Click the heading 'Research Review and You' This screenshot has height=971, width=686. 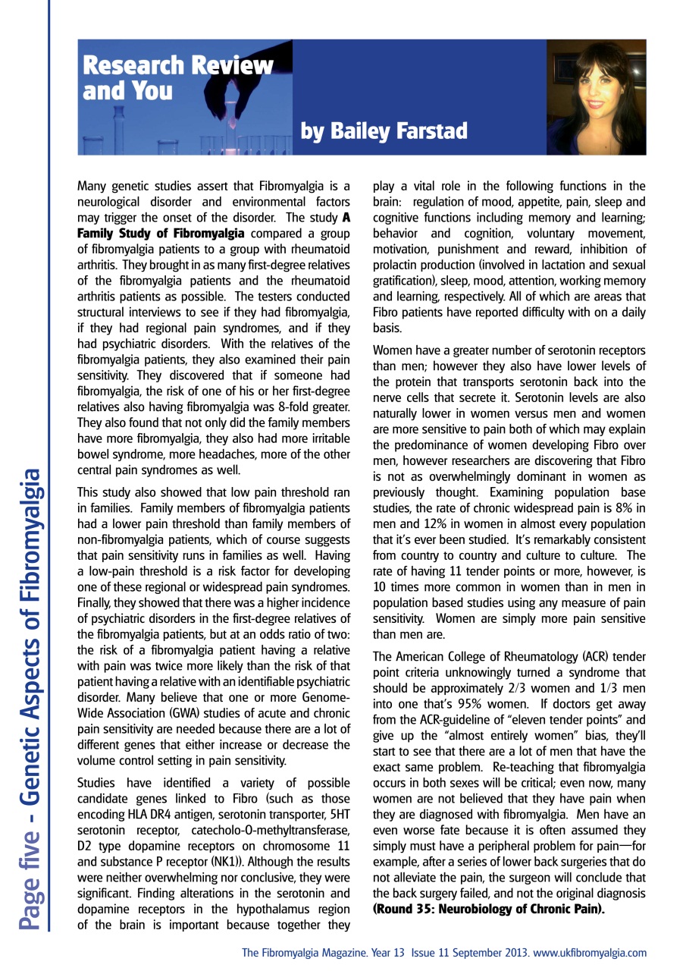177,78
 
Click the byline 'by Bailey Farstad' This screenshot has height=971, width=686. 384,132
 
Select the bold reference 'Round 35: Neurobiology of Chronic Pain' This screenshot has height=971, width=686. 488,907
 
